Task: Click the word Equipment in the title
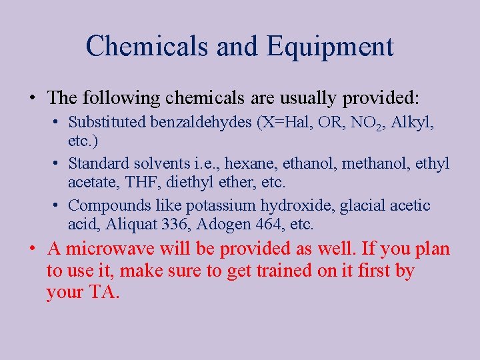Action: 331,47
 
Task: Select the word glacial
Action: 363,205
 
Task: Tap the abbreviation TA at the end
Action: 99,293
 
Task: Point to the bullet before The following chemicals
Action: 32,99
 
